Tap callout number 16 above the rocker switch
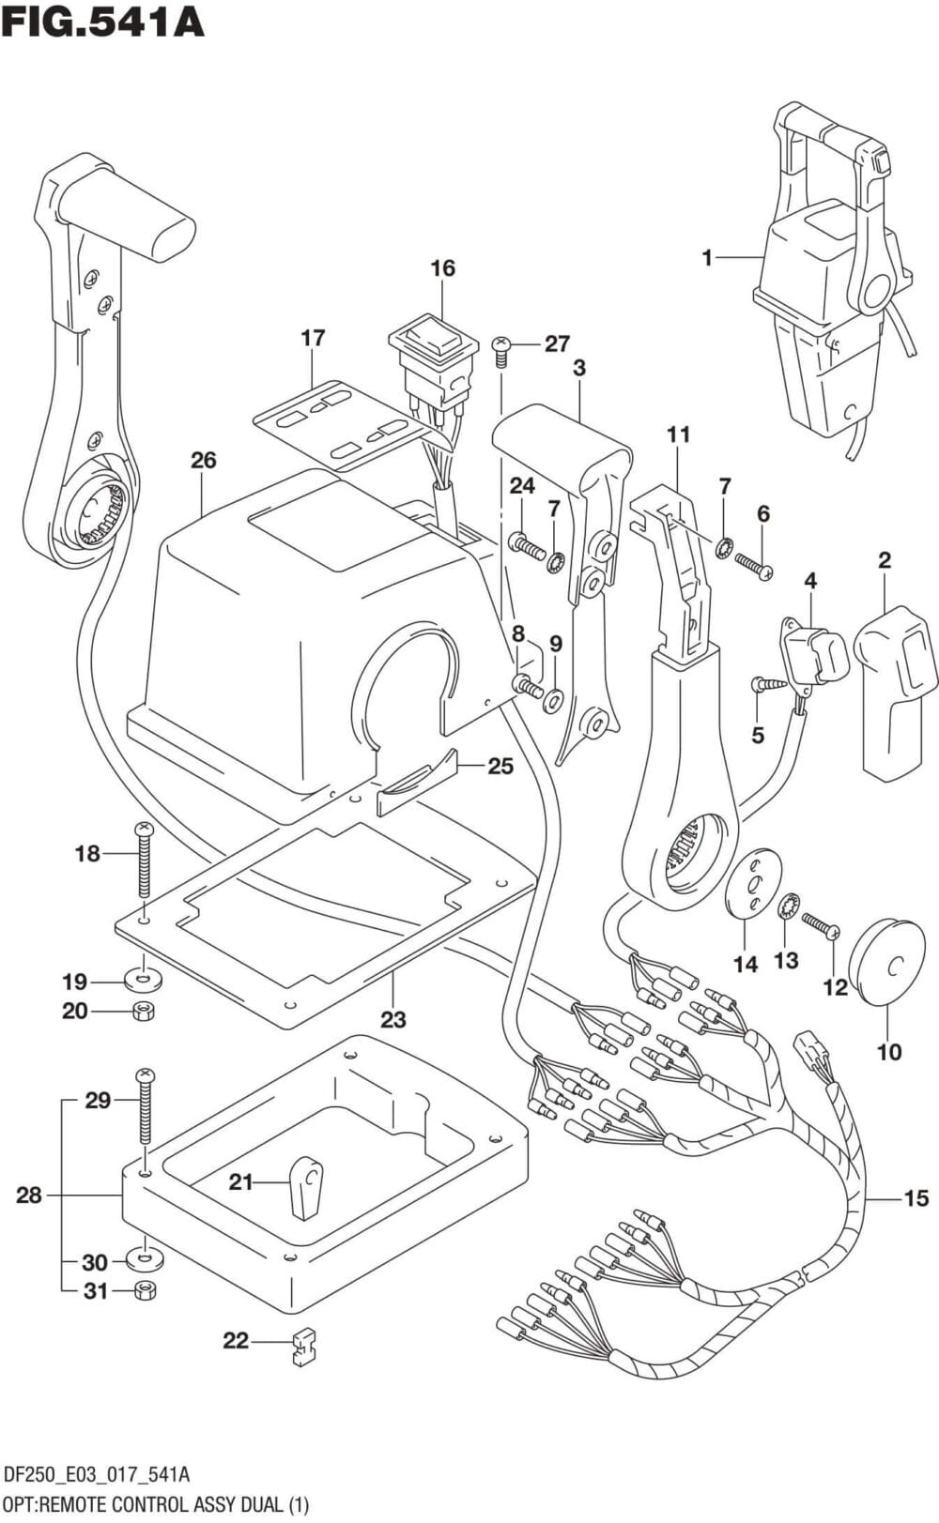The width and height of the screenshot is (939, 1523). pyautogui.click(x=442, y=267)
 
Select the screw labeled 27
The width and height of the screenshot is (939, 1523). pyautogui.click(x=500, y=351)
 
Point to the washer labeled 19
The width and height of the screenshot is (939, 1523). pyautogui.click(x=144, y=981)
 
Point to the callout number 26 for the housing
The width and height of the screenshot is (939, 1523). pyautogui.click(x=204, y=461)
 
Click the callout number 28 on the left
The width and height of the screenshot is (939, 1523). pyautogui.click(x=29, y=1196)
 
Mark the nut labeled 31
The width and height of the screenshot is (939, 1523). pyautogui.click(x=145, y=1289)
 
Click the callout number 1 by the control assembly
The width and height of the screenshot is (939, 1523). pyautogui.click(x=707, y=258)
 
